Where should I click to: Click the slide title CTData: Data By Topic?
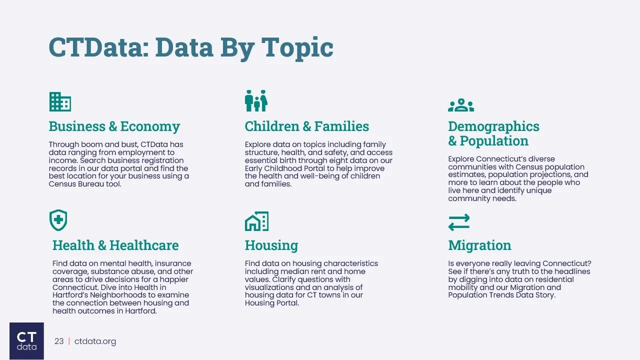(x=190, y=47)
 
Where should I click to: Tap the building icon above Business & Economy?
(x=60, y=101)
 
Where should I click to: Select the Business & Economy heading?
(x=114, y=126)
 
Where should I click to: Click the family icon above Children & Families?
(x=256, y=101)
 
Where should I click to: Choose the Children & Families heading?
(x=306, y=126)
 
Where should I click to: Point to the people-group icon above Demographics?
(x=460, y=105)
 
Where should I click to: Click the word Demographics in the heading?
(x=493, y=126)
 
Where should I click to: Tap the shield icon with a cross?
(x=58, y=220)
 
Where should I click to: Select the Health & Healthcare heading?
(x=115, y=245)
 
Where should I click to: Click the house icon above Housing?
(x=256, y=221)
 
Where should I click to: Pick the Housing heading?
(x=271, y=245)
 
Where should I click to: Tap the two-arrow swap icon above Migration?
(x=459, y=222)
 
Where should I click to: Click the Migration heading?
(x=479, y=245)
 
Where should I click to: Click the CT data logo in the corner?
(x=26, y=341)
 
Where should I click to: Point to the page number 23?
(x=59, y=341)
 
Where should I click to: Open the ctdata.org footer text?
(x=95, y=341)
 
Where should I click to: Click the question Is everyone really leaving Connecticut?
(x=519, y=263)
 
